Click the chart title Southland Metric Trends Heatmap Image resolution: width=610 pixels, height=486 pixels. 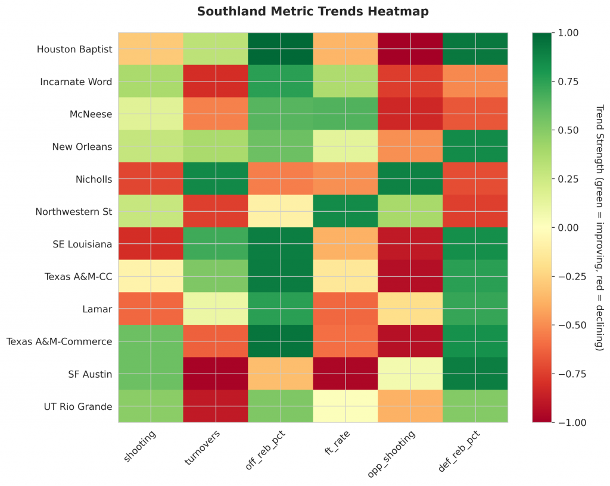pos(313,11)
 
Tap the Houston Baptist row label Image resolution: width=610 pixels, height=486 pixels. pos(74,49)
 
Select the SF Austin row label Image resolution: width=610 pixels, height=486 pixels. pos(90,374)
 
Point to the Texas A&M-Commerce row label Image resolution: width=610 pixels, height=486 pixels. pos(59,341)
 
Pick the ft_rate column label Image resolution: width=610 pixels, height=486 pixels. pos(337,443)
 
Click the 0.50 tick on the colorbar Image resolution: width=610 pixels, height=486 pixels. pos(569,130)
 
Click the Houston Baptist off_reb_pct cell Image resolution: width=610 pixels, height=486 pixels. pos(281,49)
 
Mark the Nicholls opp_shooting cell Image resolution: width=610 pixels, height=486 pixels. pos(410,178)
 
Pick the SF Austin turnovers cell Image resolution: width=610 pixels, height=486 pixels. pos(216,374)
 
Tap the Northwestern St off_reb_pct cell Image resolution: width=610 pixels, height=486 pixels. pos(281,211)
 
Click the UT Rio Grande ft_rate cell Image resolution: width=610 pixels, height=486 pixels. pos(346,406)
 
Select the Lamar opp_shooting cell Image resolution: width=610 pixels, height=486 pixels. pos(410,309)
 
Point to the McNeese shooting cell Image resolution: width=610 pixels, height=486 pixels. pos(151,114)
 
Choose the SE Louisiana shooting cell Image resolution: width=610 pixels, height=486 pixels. pos(151,244)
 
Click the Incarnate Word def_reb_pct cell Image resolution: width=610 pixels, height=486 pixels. pos(475,81)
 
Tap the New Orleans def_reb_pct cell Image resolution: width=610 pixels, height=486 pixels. pos(475,146)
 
